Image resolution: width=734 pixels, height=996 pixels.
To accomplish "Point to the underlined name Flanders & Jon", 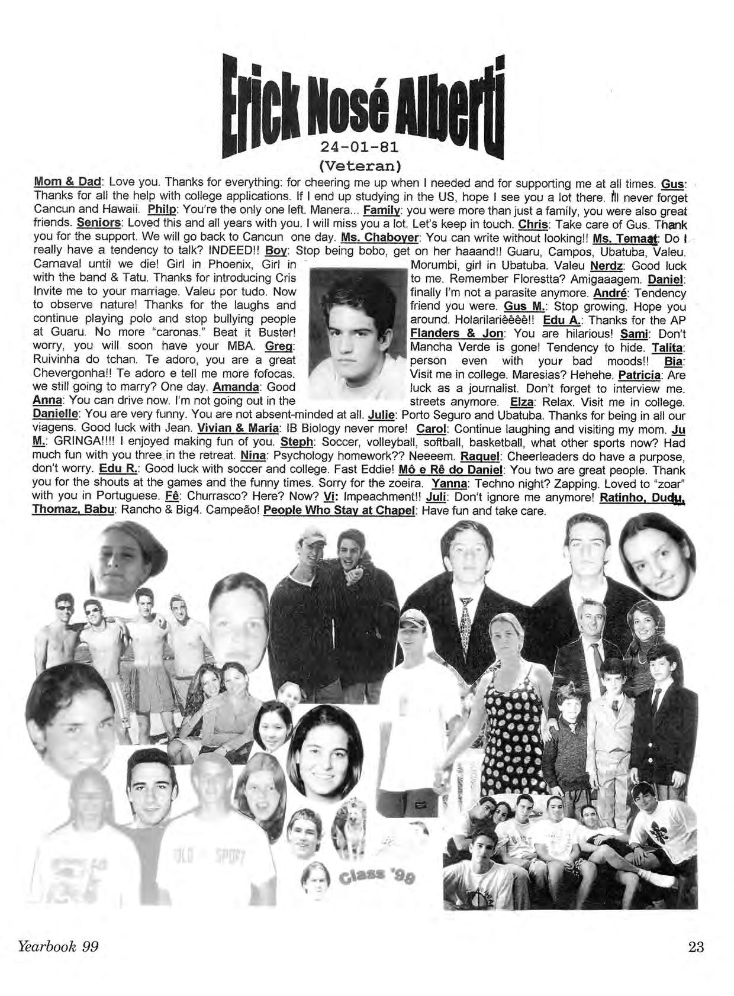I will coord(455,333).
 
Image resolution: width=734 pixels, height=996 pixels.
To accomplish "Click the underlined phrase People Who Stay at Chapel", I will coord(340,511).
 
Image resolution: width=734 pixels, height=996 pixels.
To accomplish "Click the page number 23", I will coord(696,946).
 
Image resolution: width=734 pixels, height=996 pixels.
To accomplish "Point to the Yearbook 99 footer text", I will coord(58,946).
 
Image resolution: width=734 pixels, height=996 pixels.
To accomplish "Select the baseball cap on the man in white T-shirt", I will coord(413,620).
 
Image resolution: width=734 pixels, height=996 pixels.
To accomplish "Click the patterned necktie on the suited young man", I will coord(466,621).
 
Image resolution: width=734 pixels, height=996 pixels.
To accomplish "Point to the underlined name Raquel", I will coord(479,456).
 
